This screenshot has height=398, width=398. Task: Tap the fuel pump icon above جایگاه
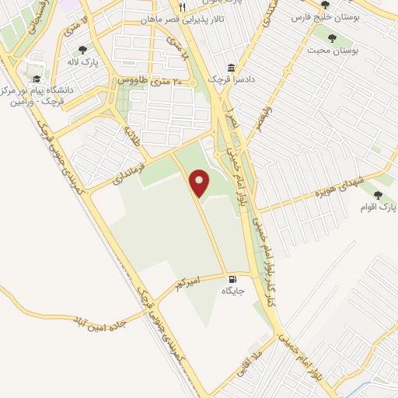coord(232,280)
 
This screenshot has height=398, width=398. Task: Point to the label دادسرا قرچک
coord(230,80)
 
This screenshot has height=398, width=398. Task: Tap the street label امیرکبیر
coord(190,287)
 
